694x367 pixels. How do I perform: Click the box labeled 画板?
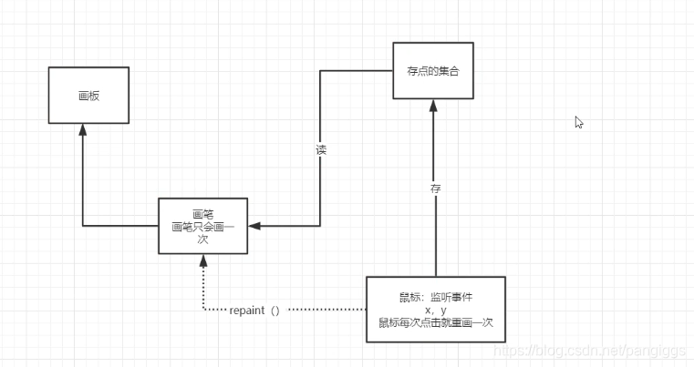[x=88, y=95]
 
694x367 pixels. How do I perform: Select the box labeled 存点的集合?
[x=433, y=70]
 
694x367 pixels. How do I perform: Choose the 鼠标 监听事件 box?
[x=435, y=309]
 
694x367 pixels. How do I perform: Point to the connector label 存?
[x=435, y=188]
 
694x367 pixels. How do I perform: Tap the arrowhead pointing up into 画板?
[x=83, y=130]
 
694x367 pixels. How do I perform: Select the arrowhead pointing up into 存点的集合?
[x=435, y=106]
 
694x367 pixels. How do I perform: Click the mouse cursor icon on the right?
[x=579, y=122]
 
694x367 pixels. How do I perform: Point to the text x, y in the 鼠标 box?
[x=436, y=310]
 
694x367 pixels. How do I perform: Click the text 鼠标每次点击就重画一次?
[x=436, y=322]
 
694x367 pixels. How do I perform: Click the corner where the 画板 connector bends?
[x=83, y=225]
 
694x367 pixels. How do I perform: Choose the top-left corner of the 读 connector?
[x=320, y=70]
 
